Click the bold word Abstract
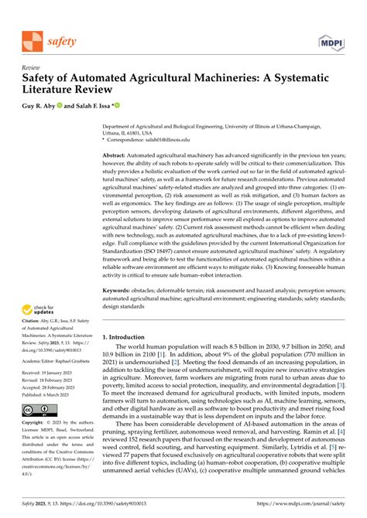[x=118, y=155]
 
